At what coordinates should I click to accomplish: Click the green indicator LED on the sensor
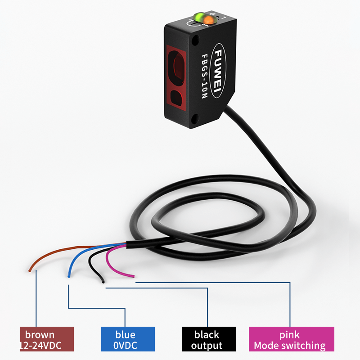click(x=198, y=18)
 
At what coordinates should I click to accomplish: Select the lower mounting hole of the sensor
click(x=195, y=119)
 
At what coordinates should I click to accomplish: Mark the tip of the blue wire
click(x=68, y=276)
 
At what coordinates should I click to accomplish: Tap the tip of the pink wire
click(x=134, y=277)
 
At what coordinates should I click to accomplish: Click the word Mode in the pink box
click(x=266, y=346)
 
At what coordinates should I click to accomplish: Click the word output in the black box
click(x=207, y=346)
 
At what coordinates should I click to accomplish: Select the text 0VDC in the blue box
click(x=126, y=346)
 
